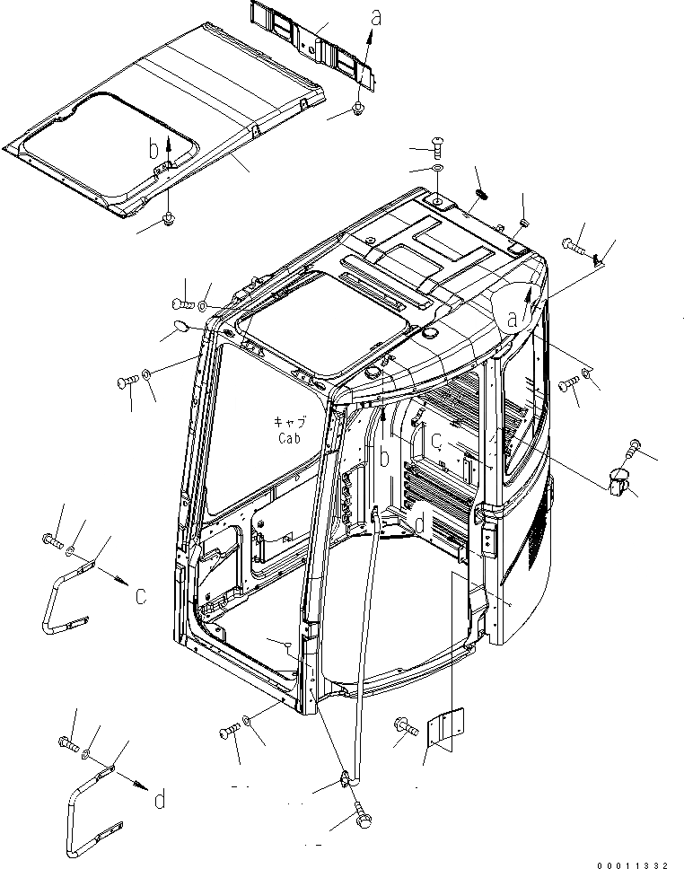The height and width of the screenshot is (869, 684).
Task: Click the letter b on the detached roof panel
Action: tap(153, 147)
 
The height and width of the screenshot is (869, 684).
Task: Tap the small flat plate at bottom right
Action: tap(447, 728)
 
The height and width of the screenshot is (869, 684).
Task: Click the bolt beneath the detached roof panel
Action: tap(169, 219)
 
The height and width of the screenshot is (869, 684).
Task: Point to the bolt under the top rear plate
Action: tap(357, 110)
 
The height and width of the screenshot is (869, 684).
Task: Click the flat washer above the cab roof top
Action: tap(435, 170)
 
